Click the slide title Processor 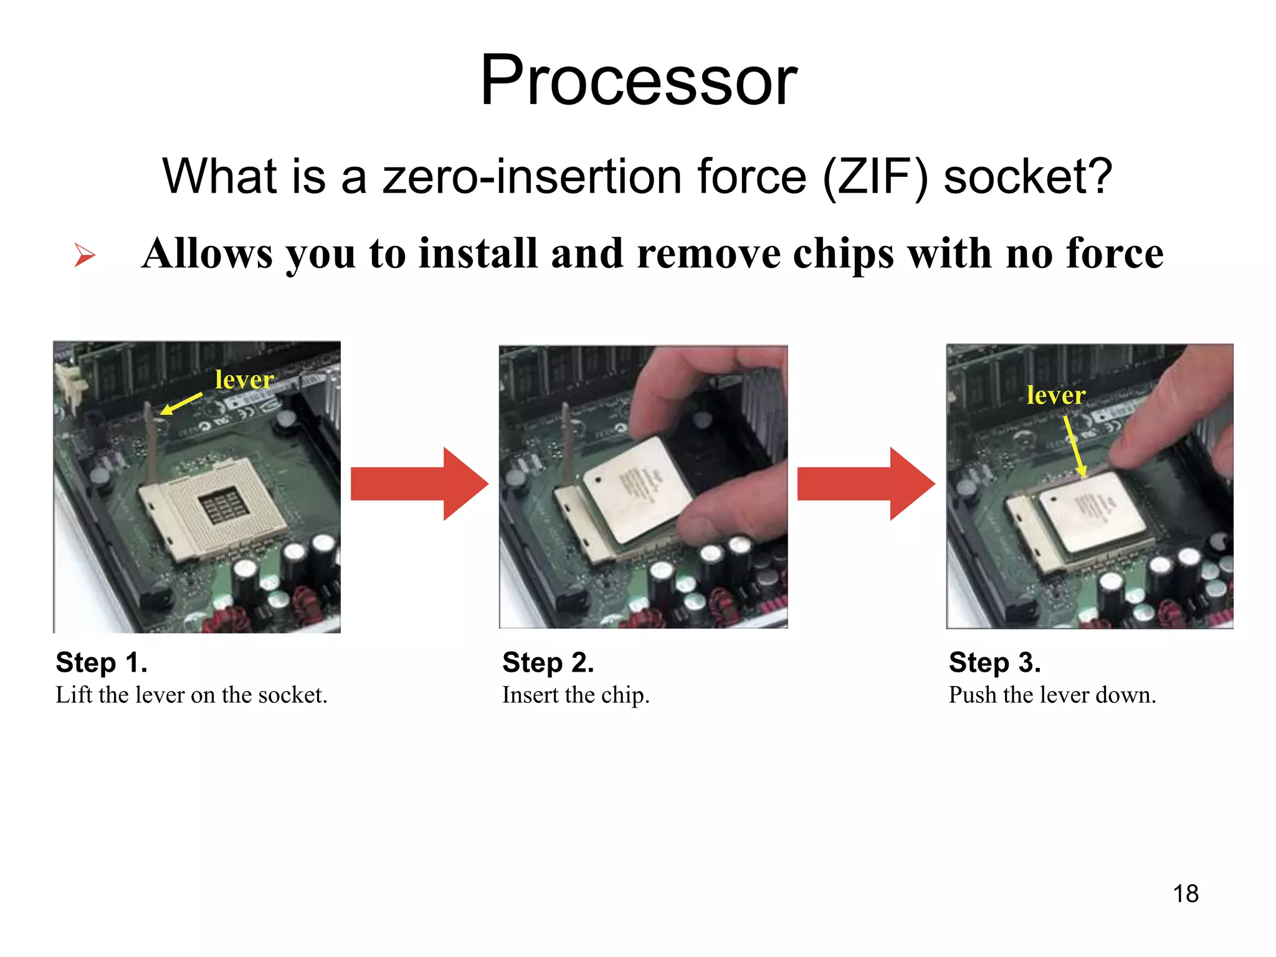[638, 81]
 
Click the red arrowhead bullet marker [84, 255]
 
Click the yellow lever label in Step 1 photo [244, 379]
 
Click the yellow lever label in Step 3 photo [1056, 395]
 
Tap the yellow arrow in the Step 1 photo [181, 404]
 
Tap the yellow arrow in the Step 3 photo [1074, 446]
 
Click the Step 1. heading [102, 662]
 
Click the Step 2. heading [548, 662]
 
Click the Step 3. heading [994, 662]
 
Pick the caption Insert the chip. [576, 695]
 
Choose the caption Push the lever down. [1052, 695]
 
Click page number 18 [1186, 893]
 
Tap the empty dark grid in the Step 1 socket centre [223, 505]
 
